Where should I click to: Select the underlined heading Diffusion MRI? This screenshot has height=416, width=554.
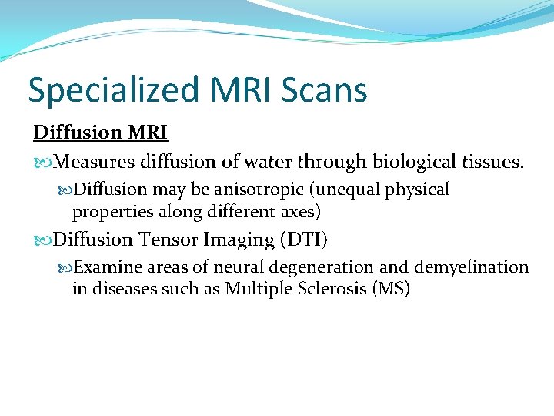tap(100, 133)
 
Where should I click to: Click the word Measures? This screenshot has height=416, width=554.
tap(95, 163)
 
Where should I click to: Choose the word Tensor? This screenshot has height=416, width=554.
tap(169, 240)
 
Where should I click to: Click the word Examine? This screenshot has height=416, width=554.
tap(107, 267)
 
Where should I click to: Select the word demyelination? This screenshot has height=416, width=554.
tap(472, 267)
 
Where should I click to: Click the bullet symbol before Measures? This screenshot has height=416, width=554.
tap(43, 163)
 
